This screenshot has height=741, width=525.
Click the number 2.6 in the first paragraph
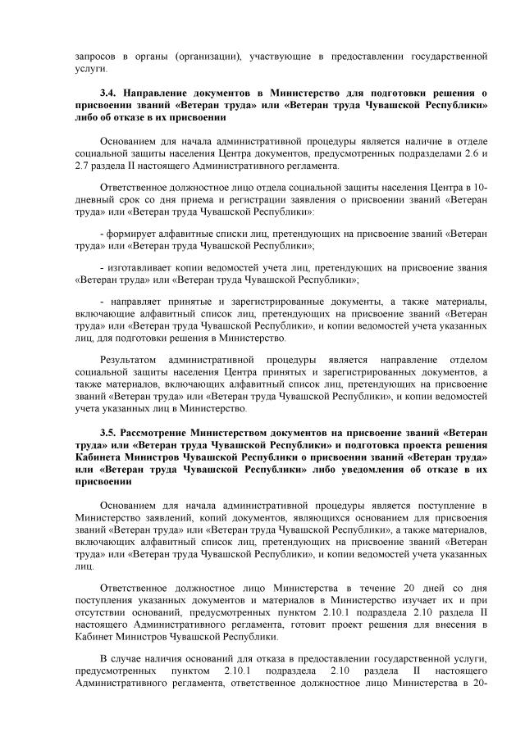coord(468,153)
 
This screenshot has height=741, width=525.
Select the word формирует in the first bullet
coord(135,234)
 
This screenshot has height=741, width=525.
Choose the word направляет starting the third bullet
coord(136,302)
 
